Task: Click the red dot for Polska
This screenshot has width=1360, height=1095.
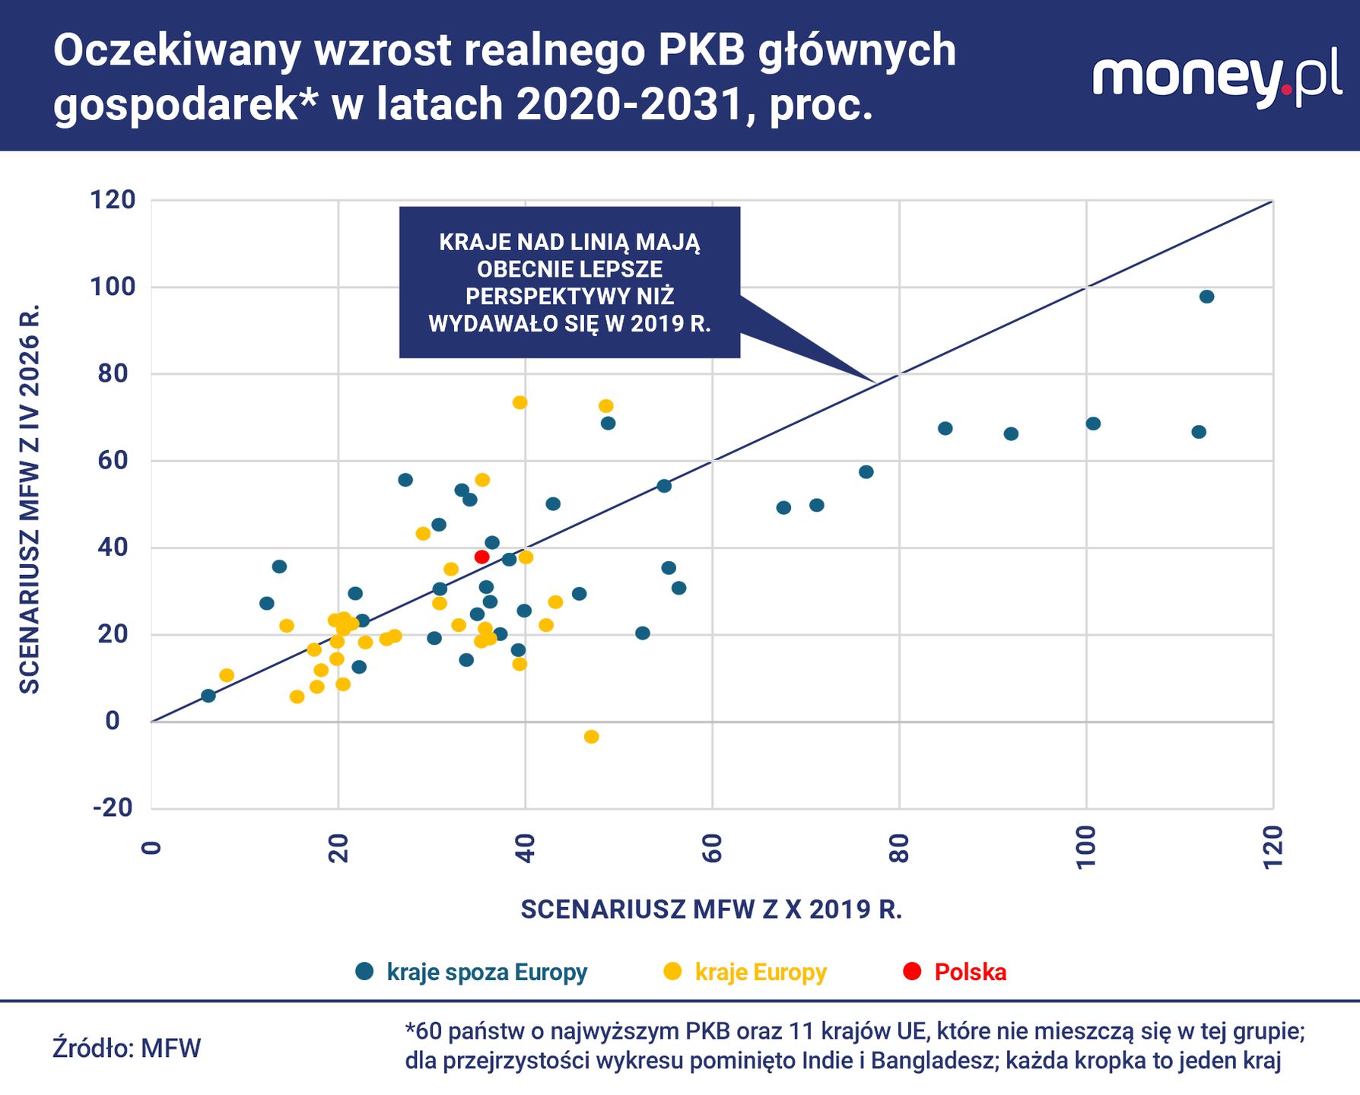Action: click(481, 557)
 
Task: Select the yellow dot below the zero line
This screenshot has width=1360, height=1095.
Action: click(591, 736)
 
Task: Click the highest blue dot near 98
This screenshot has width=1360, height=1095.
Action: click(1206, 297)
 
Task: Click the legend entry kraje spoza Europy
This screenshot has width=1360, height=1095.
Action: click(472, 972)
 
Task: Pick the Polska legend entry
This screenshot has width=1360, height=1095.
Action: click(955, 972)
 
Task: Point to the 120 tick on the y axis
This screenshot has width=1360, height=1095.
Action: click(113, 200)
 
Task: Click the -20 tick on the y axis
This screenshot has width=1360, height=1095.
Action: click(113, 808)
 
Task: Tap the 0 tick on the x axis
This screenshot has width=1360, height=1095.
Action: click(151, 848)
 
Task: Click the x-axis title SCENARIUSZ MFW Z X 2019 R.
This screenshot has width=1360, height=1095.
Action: click(711, 909)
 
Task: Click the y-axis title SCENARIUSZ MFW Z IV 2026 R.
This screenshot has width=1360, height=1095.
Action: click(29, 499)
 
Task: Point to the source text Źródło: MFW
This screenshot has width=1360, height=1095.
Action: click(126, 1048)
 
